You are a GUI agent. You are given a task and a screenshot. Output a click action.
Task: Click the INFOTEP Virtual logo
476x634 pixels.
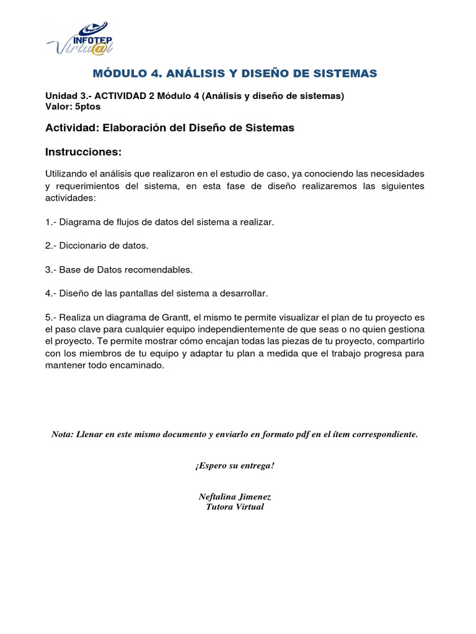tap(80, 38)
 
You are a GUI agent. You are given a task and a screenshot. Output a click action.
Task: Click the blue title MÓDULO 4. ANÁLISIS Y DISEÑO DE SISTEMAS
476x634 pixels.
tap(235, 74)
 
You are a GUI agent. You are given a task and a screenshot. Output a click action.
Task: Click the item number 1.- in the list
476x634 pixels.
tap(51, 222)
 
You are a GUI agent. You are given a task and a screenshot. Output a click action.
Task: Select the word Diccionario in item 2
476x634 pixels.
tap(84, 246)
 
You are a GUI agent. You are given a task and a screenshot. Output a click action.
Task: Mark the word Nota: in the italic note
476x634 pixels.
tap(62, 435)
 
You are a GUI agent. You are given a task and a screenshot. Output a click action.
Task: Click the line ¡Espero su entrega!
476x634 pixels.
tap(235, 466)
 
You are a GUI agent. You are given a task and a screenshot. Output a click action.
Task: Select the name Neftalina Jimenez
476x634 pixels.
tap(235, 497)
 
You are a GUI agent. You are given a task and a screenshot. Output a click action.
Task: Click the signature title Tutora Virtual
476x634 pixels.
tap(235, 506)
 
